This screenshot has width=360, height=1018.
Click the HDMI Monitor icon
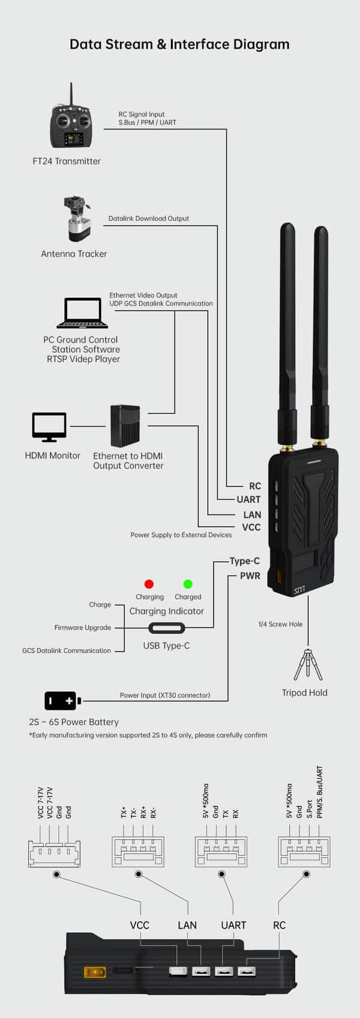pyautogui.click(x=49, y=427)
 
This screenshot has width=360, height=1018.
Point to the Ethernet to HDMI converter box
pyautogui.click(x=125, y=426)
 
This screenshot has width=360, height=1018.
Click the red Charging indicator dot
pyautogui.click(x=149, y=584)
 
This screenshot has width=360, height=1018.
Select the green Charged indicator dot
pyautogui.click(x=188, y=584)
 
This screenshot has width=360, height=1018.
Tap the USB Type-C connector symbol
pyautogui.click(x=167, y=628)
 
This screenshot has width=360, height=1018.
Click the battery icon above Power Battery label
pyautogui.click(x=61, y=700)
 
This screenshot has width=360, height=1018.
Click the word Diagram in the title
pyautogui.click(x=259, y=44)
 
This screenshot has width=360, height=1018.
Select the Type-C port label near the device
pyautogui.click(x=244, y=561)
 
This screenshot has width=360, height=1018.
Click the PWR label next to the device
pyautogui.click(x=250, y=576)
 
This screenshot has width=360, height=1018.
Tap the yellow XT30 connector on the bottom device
pyautogui.click(x=94, y=971)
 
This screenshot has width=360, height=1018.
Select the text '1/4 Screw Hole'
pyautogui.click(x=280, y=624)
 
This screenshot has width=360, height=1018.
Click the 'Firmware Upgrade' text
pyautogui.click(x=83, y=628)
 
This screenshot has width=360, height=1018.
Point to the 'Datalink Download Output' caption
pyautogui.click(x=148, y=218)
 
